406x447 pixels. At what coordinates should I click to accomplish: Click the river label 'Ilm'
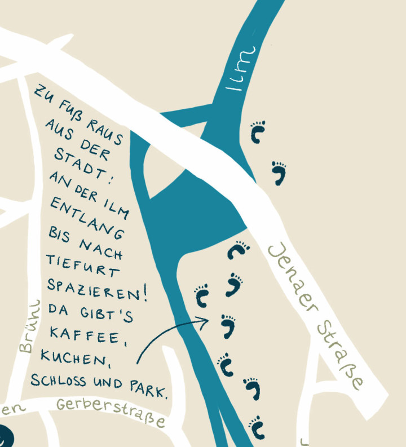coord(239,70)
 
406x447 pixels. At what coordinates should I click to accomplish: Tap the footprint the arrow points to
coord(228,326)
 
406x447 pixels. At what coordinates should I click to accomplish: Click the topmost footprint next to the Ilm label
coord(258,131)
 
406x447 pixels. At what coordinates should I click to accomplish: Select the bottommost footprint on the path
coord(257,426)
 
